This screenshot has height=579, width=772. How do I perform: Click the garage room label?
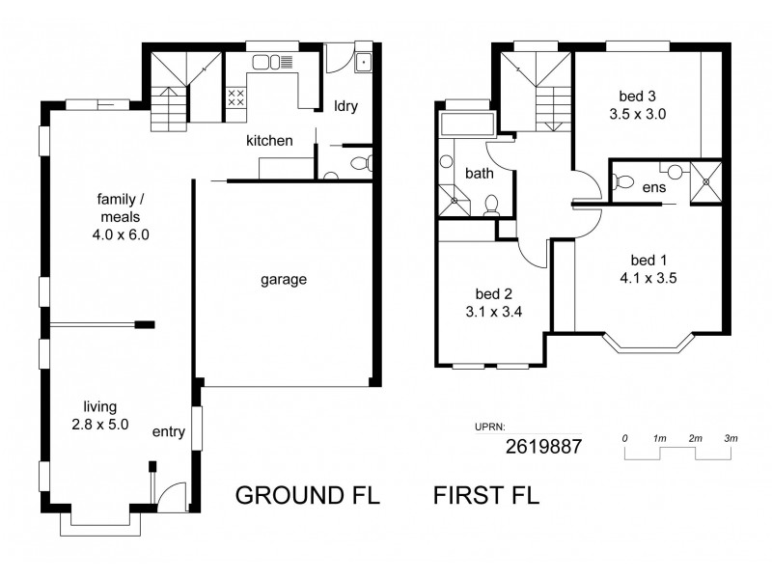point(283,280)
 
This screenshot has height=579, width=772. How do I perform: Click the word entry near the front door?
point(168,431)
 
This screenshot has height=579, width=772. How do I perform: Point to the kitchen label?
point(269,141)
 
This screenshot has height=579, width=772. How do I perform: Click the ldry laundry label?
point(345,106)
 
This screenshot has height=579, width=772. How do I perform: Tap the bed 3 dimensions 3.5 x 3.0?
point(639,113)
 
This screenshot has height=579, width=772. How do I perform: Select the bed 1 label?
point(648,260)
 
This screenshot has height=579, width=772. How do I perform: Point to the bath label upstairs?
point(479,174)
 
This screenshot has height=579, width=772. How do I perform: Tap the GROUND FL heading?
point(307,497)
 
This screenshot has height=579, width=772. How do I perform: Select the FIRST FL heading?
point(485,497)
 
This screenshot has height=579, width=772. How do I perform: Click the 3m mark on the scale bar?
point(730,438)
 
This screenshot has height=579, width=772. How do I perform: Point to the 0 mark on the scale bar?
point(625,438)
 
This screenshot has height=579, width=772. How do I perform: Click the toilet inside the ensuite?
point(622,179)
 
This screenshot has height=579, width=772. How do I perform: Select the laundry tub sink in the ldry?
point(364,63)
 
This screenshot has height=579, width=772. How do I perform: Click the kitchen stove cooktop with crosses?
point(234,96)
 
